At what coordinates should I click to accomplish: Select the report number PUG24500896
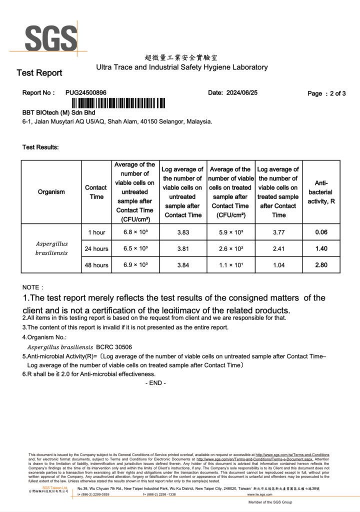click(86, 92)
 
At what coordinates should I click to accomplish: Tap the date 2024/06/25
click(242, 92)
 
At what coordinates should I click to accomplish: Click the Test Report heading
click(39, 73)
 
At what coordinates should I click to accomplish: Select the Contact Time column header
click(95, 192)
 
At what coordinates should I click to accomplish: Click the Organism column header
click(51, 192)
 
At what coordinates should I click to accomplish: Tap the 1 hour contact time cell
click(96, 232)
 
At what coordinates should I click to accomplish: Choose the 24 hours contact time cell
click(96, 248)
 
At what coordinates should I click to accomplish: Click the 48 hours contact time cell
click(96, 265)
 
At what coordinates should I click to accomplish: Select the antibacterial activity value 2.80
click(321, 265)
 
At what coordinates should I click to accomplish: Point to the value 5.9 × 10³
click(230, 232)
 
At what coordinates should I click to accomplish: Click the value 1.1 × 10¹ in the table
click(230, 265)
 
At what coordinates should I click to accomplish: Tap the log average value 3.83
click(182, 232)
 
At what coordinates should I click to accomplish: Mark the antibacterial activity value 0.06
click(321, 232)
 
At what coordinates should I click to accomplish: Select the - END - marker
click(155, 383)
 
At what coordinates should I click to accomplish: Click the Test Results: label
click(40, 147)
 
